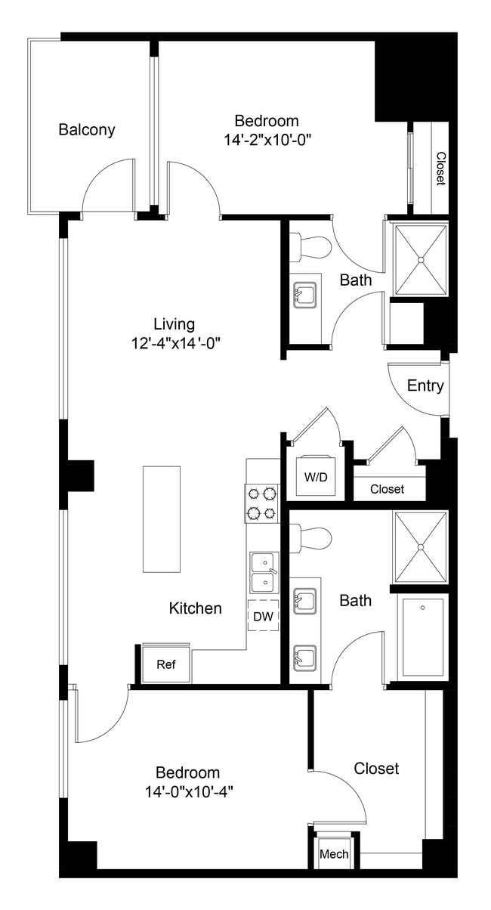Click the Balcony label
coord(87,129)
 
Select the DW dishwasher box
coord(263,616)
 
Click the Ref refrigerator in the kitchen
coord(166,665)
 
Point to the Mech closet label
coord(334,854)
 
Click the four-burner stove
coord(262,503)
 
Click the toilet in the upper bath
coord(313,246)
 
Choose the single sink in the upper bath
coord(305,292)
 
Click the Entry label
coord(425,385)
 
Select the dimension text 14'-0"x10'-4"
coord(188,791)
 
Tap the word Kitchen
coord(195,608)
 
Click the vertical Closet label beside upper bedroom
coord(440,168)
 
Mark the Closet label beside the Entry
coord(387,489)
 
